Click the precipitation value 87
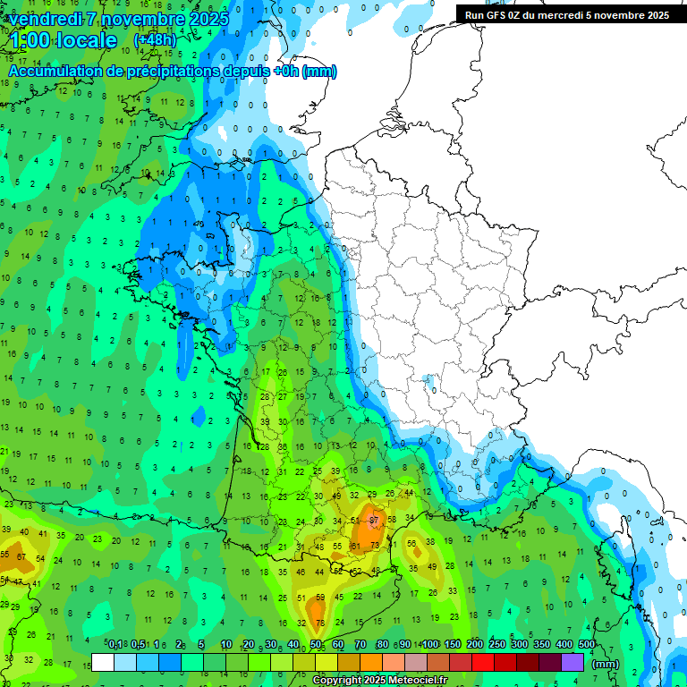click(x=374, y=520)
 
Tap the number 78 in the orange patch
click(x=319, y=623)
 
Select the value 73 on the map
click(x=375, y=545)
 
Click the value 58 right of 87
click(x=391, y=520)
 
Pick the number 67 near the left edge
click(x=21, y=556)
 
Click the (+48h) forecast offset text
click(x=155, y=40)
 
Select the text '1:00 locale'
click(x=64, y=40)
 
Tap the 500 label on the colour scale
click(x=586, y=644)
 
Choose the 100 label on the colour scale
click(x=430, y=644)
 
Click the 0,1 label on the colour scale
click(x=115, y=644)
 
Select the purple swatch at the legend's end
click(x=572, y=662)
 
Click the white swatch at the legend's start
click(x=103, y=662)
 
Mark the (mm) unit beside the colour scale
click(x=606, y=664)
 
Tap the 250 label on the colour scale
click(x=496, y=644)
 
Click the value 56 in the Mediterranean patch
click(x=412, y=543)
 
